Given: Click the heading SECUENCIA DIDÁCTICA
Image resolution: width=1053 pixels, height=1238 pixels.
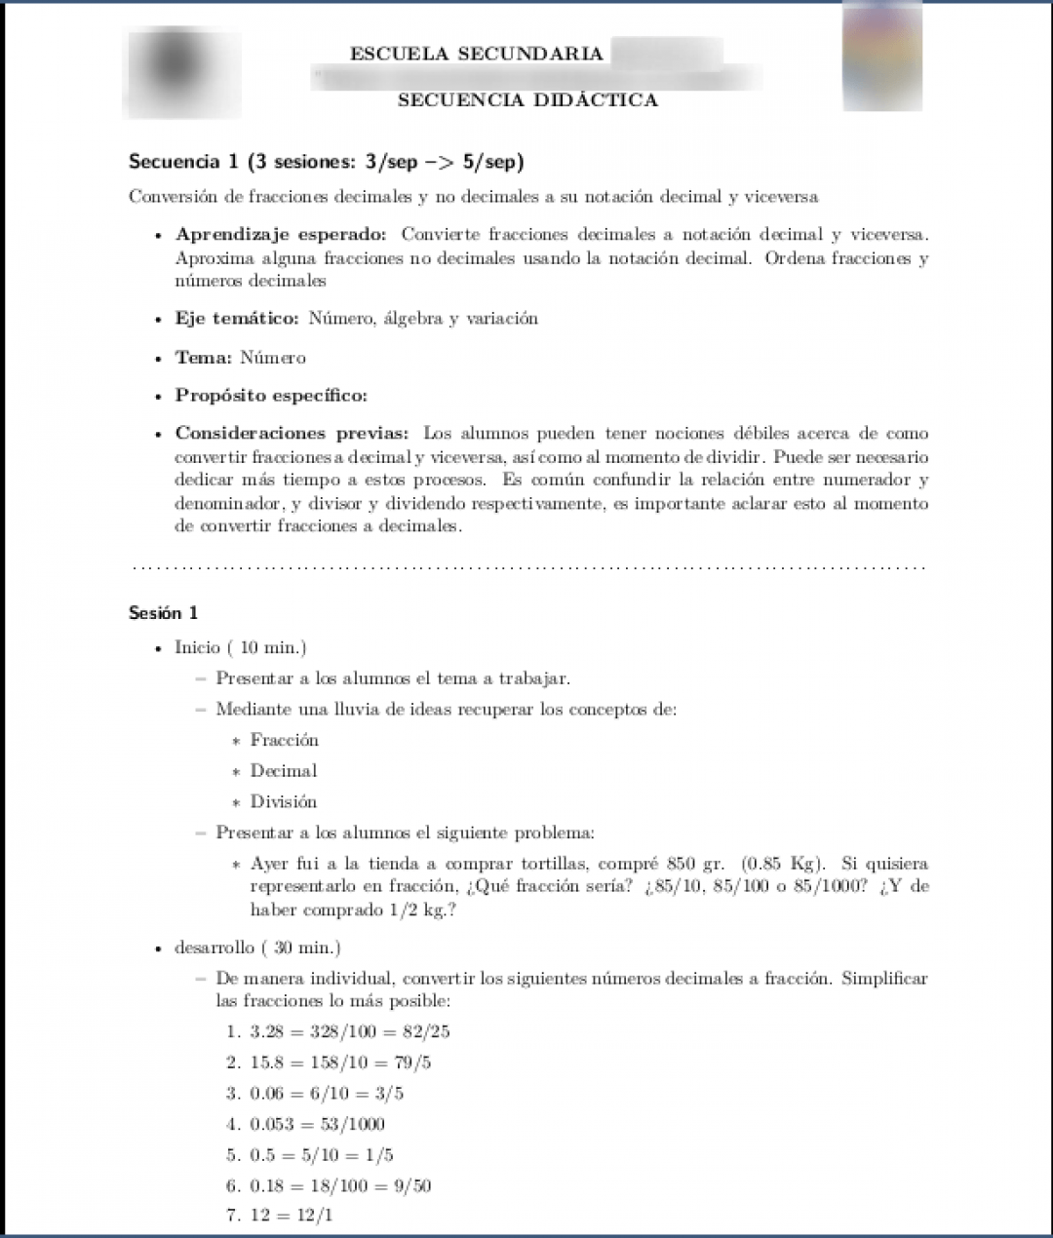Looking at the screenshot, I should click(527, 99).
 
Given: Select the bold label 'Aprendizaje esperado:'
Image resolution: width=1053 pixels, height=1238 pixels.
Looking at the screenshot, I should click(281, 235).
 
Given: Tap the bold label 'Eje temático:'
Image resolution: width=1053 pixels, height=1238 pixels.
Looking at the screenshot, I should click(237, 319).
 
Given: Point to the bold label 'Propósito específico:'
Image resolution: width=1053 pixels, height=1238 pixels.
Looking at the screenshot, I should click(271, 396).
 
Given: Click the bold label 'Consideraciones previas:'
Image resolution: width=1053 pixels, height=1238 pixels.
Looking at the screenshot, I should click(294, 434).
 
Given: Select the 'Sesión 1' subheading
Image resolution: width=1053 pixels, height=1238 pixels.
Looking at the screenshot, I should click(163, 613).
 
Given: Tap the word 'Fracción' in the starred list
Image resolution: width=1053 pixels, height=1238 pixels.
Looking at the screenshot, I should click(284, 740).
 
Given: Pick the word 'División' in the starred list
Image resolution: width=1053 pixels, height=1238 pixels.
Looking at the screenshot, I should click(283, 802).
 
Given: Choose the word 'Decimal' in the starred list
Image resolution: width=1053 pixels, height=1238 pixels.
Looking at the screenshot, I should click(283, 771).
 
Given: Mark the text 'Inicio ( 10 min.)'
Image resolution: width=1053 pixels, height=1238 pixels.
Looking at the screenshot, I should click(240, 648).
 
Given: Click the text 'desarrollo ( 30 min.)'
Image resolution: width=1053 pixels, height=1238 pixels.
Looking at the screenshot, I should click(256, 948).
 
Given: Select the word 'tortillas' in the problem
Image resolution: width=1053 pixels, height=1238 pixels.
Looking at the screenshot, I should click(554, 865).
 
